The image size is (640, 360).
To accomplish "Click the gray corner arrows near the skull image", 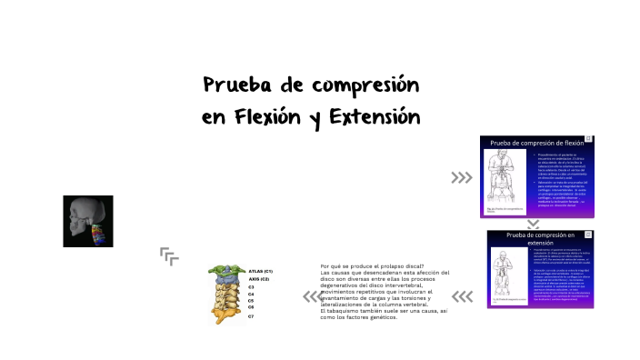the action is [168, 255].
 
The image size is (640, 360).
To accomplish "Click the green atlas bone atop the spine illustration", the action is [222, 272].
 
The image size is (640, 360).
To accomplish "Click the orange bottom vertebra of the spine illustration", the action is [223, 315].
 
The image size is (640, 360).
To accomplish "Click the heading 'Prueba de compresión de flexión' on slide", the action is [537, 144].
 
